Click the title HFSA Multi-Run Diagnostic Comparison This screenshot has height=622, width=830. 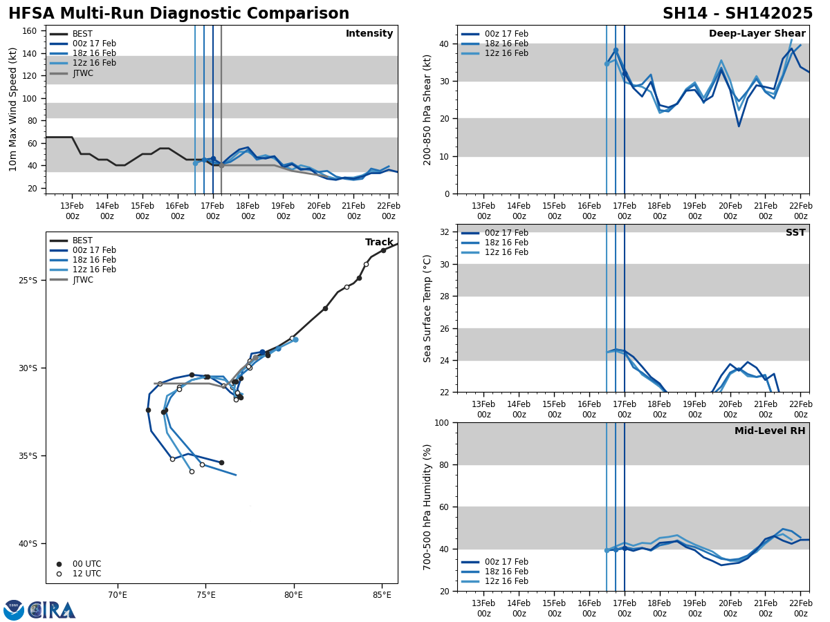coord(178,14)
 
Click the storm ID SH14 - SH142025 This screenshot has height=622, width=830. coord(737,14)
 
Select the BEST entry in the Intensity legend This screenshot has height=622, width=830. coord(82,34)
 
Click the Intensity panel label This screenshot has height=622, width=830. coord(369,34)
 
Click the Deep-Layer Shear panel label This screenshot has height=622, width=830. coord(757,34)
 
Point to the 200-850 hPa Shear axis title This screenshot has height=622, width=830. coord(428,109)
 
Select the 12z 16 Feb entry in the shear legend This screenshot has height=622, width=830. coord(506,53)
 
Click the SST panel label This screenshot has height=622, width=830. coord(795,233)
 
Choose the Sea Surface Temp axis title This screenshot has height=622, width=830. coord(428,308)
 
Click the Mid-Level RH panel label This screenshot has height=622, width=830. coord(770,431)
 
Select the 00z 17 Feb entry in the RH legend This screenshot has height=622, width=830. coord(506,562)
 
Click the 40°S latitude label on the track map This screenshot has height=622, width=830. coord(28,544)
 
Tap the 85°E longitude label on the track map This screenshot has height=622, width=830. coord(382,594)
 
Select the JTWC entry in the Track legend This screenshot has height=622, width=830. coord(82,279)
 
